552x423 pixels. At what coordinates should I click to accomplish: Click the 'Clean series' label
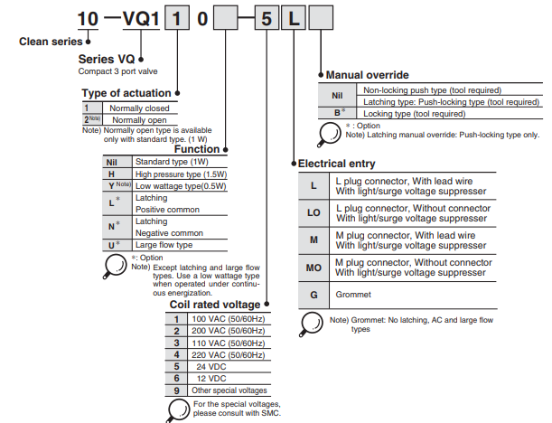click(x=47, y=42)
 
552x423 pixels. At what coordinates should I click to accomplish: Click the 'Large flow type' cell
click(x=164, y=245)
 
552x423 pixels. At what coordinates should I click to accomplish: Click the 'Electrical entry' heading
click(x=337, y=164)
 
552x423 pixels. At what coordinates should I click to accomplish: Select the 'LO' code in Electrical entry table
click(x=313, y=213)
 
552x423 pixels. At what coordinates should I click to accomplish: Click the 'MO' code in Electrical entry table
click(x=313, y=268)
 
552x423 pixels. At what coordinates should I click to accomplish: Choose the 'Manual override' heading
click(x=367, y=74)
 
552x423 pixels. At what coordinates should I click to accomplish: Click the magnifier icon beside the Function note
click(x=117, y=265)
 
